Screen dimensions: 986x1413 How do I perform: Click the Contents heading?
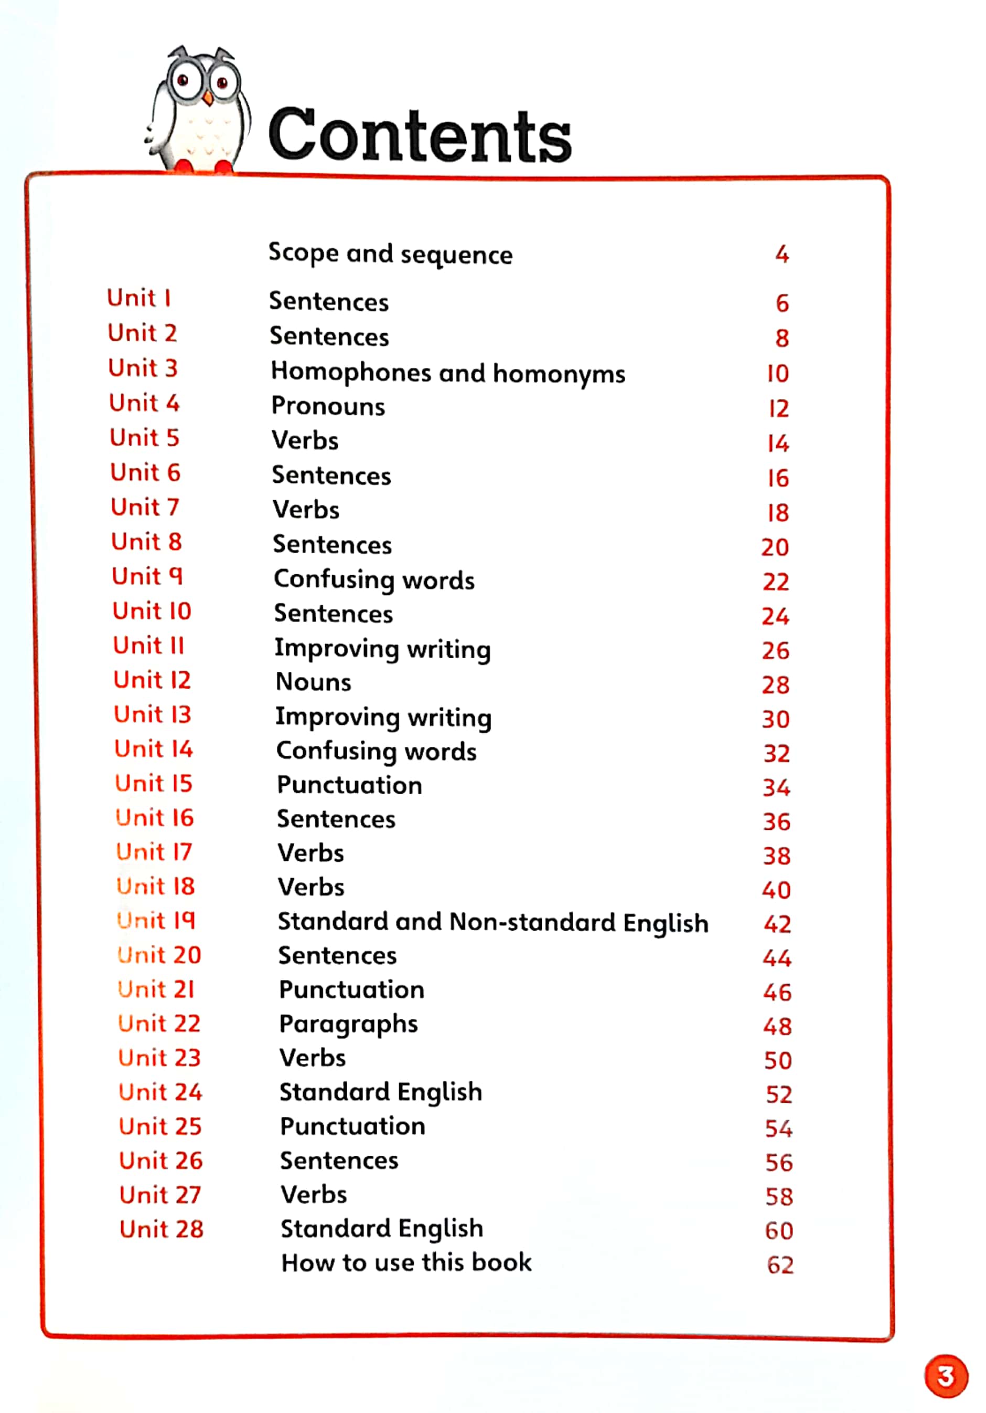click(x=420, y=135)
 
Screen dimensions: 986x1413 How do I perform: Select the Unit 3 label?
click(x=143, y=368)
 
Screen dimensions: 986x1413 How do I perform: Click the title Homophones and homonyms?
click(x=448, y=373)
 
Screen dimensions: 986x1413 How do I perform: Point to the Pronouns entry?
click(x=328, y=406)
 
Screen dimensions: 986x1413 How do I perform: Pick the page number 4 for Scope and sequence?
click(x=781, y=254)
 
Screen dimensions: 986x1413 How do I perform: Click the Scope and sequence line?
click(x=390, y=254)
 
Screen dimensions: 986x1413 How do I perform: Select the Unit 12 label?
click(x=152, y=680)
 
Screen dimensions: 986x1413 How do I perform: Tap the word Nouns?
click(x=313, y=682)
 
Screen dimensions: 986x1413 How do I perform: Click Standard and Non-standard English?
click(x=492, y=922)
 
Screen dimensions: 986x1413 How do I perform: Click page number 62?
click(x=779, y=1264)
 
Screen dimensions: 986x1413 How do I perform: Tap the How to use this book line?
click(x=406, y=1262)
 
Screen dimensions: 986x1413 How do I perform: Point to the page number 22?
click(x=775, y=582)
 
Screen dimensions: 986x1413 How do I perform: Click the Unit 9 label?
click(x=147, y=576)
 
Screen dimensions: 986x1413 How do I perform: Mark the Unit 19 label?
click(x=156, y=921)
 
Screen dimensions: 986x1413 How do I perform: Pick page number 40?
click(x=776, y=890)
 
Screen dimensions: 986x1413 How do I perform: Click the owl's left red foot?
click(x=183, y=166)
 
